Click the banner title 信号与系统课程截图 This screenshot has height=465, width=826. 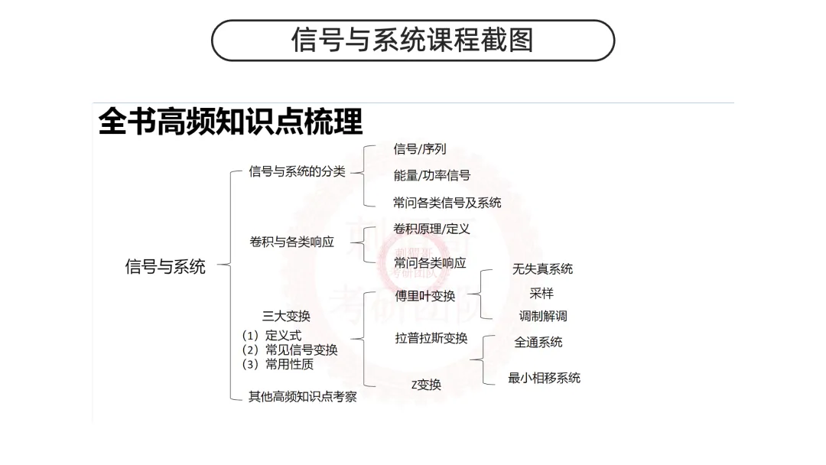[412, 40]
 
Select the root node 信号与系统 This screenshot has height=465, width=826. [165, 266]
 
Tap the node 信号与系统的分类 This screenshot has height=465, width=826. [297, 171]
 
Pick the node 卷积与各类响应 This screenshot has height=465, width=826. [291, 242]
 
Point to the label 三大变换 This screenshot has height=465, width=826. [286, 316]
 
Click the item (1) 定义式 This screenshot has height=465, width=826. [272, 335]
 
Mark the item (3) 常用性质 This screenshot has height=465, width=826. [278, 364]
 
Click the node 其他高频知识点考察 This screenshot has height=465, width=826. [302, 397]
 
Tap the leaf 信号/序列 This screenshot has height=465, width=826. [419, 149]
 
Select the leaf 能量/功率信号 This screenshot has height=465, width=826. [431, 175]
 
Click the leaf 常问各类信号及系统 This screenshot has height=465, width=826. [447, 202]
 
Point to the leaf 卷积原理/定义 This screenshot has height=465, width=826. [431, 229]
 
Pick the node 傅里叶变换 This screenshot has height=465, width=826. [424, 296]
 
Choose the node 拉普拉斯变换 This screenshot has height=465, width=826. [431, 338]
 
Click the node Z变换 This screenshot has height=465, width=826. [426, 385]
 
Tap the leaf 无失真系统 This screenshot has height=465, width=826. [542, 268]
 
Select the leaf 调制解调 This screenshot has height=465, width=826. [543, 316]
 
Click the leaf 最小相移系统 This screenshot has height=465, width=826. [544, 378]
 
